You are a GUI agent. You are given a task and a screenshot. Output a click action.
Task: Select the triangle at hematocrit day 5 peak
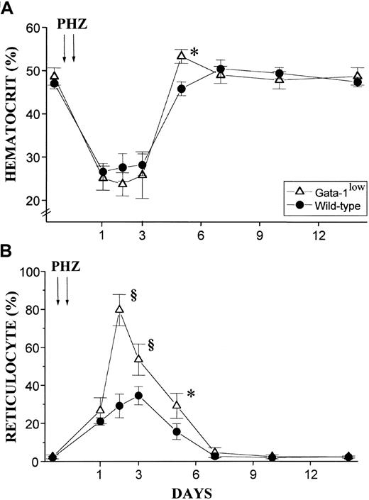[181, 55]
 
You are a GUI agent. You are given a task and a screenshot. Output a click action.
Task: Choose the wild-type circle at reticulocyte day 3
[138, 396]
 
